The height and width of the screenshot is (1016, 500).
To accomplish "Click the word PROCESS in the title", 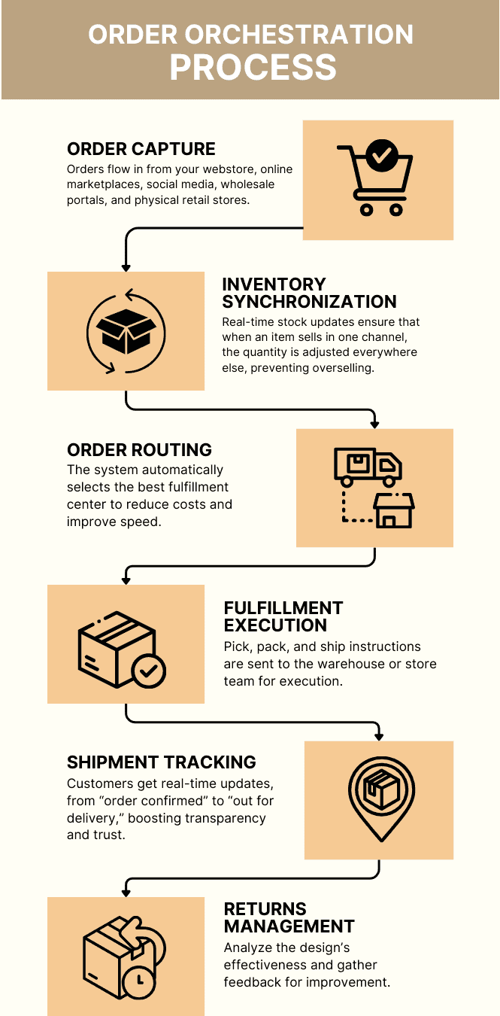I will click(x=253, y=67).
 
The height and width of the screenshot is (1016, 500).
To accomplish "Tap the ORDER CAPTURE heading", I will click(x=141, y=149).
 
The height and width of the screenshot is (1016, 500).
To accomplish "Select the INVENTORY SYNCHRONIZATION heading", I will click(x=309, y=294).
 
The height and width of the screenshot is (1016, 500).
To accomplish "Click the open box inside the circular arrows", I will click(x=126, y=330).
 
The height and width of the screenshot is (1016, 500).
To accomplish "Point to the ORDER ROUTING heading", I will click(x=140, y=450).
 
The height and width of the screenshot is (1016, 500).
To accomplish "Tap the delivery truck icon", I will click(x=368, y=467).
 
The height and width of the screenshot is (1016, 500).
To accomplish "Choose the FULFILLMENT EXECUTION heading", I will click(x=283, y=616).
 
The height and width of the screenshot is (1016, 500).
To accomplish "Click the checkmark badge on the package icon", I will click(x=149, y=669).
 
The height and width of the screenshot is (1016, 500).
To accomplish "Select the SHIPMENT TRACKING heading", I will click(x=162, y=762).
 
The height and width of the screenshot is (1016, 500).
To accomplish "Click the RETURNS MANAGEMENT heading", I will click(x=289, y=917).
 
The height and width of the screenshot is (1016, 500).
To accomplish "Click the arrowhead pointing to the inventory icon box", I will click(x=126, y=266).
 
